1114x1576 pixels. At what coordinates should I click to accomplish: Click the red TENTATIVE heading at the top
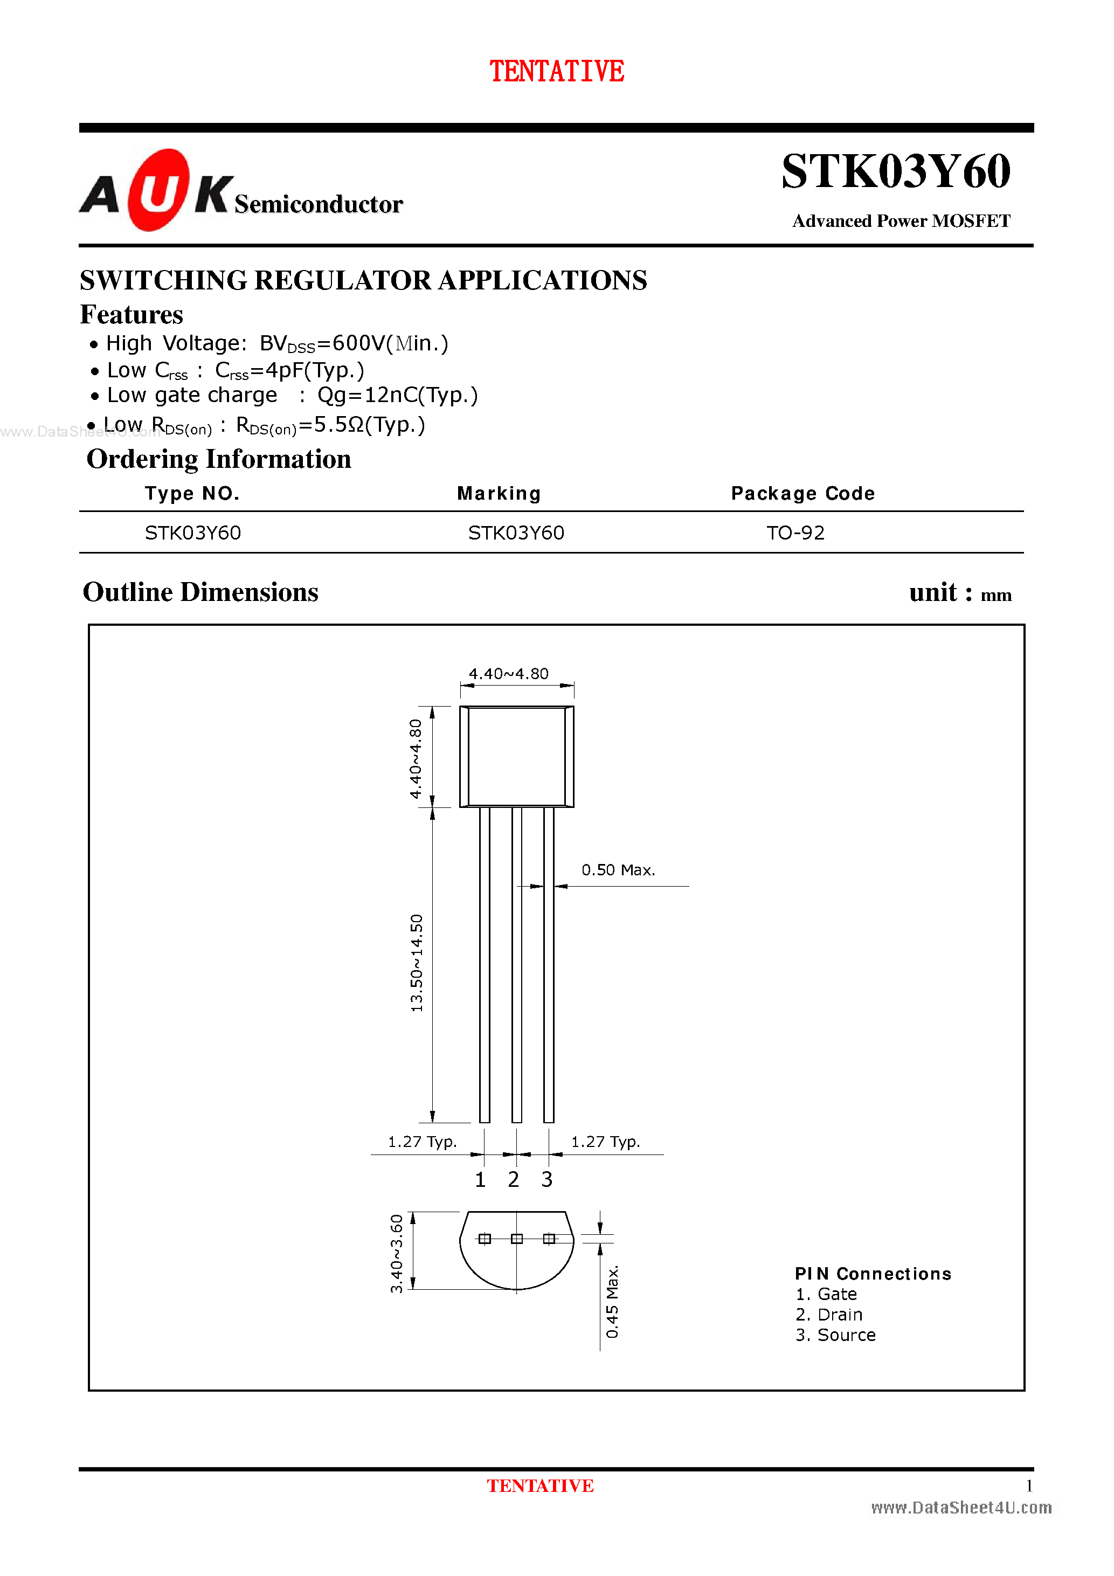point(556,71)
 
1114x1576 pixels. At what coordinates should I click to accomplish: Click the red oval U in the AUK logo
point(158,190)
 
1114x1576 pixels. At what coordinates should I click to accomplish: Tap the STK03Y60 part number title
point(895,171)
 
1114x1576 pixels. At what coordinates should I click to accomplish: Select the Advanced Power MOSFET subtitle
point(901,221)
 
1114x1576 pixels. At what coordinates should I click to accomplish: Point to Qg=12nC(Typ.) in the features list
point(397,396)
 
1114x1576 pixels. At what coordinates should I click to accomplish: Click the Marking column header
point(499,494)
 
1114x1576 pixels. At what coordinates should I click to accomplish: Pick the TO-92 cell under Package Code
point(795,533)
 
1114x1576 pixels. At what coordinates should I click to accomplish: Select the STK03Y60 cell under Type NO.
point(193,533)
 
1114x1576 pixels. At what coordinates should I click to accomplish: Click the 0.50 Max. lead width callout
point(618,870)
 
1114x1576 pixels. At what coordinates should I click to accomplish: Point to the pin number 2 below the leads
point(514,1179)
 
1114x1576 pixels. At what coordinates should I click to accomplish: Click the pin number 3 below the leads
point(546,1179)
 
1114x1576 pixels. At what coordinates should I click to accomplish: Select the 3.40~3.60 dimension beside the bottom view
point(397,1253)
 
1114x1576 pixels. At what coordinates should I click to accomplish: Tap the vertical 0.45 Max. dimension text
point(612,1302)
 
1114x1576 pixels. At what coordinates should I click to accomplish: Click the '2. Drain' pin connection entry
point(828,1315)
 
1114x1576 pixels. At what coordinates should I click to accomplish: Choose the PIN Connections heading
point(873,1274)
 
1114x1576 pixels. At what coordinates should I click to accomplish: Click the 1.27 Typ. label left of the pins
point(422,1142)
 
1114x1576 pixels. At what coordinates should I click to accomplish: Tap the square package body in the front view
point(516,756)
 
